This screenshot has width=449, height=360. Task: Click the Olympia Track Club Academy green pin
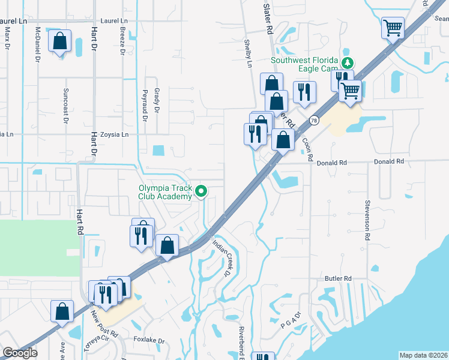(x=202, y=191)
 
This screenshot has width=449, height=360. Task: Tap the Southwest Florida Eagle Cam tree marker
(x=346, y=62)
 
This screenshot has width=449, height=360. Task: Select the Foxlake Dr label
(x=149, y=340)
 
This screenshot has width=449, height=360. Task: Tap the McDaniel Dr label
(x=37, y=45)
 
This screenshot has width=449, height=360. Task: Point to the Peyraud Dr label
(x=144, y=106)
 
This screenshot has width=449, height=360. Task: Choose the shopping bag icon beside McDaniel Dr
(x=59, y=42)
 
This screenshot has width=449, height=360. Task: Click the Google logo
(x=20, y=353)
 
